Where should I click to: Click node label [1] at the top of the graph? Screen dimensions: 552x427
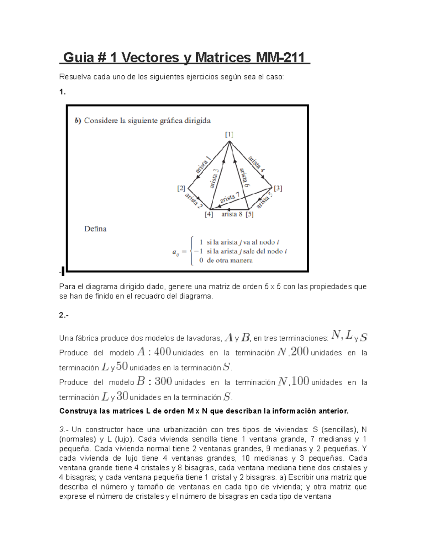[229, 134]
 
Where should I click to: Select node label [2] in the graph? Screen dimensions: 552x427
[181, 188]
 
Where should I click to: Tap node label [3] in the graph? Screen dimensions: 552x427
[278, 188]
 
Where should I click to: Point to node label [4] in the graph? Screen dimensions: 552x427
[209, 214]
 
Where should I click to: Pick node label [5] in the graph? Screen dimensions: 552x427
[249, 214]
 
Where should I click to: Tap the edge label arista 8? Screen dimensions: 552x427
[232, 214]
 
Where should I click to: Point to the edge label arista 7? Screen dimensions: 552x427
[230, 198]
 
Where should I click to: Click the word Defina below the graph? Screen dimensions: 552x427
[95, 229]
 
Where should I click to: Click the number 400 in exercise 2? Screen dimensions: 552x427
[163, 352]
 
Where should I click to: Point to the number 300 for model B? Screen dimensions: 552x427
[163, 381]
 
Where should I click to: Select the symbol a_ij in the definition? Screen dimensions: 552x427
[175, 252]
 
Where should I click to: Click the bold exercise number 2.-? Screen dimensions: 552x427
[63, 315]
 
